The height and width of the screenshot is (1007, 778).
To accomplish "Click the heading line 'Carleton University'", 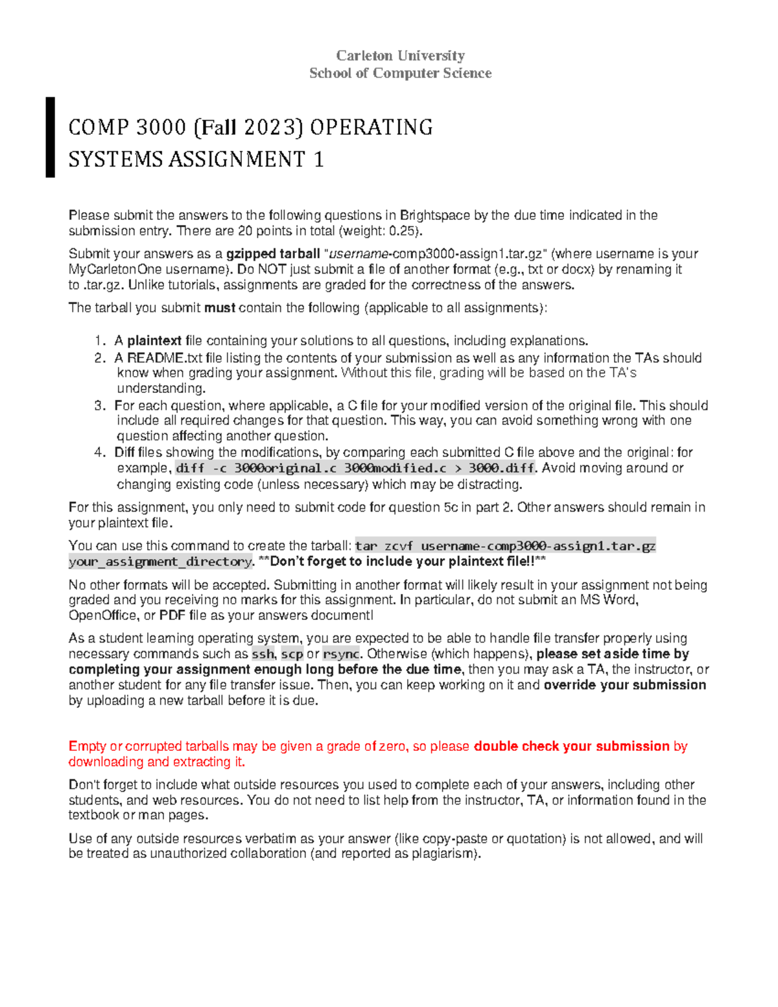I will tap(400, 56).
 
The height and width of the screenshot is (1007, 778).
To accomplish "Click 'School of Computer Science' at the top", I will tap(400, 73).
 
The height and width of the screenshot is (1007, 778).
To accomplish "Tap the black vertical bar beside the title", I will tap(50, 137).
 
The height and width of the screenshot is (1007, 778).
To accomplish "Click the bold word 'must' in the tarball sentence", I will tap(219, 308).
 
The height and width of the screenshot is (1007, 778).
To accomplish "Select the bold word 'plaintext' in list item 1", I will tap(154, 341).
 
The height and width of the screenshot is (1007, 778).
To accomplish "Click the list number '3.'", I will tap(99, 406).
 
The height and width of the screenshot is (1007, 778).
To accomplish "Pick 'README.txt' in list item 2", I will tap(156, 358).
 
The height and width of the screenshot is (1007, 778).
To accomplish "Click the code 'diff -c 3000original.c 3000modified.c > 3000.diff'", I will tap(355, 468).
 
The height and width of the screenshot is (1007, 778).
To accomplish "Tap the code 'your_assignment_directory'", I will tap(160, 562).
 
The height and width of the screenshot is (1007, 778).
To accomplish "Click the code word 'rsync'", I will tap(341, 654).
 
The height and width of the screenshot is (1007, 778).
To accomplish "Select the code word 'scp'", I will tap(292, 654).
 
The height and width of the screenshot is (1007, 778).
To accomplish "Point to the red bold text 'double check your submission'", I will tap(571, 746).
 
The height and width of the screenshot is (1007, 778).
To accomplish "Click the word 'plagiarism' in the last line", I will tap(447, 854).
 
